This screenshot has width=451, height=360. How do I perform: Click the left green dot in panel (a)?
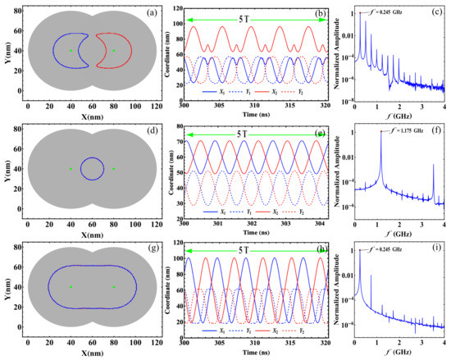pyautogui.click(x=71, y=51)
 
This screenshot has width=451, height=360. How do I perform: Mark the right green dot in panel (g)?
pyautogui.click(x=113, y=287)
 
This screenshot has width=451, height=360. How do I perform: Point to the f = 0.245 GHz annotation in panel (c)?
pyautogui.click(x=394, y=11)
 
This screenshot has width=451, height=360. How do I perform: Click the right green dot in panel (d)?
pyautogui.click(x=113, y=169)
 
